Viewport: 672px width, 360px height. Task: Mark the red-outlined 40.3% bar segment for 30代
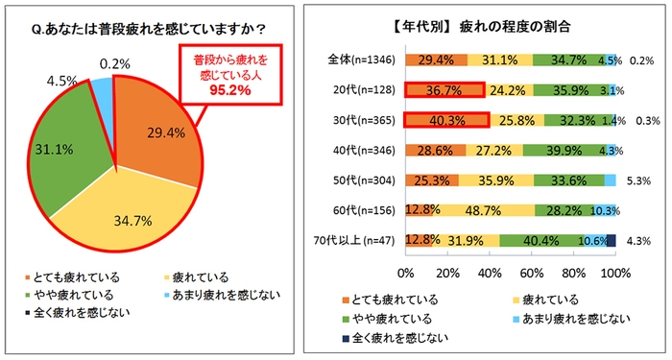click(x=447, y=122)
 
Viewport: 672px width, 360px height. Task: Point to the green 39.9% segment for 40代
click(x=564, y=152)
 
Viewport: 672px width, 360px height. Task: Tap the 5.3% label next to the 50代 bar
click(x=635, y=180)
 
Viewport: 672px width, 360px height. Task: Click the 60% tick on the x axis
click(x=532, y=276)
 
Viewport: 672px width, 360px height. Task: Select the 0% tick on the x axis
click(x=405, y=276)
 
